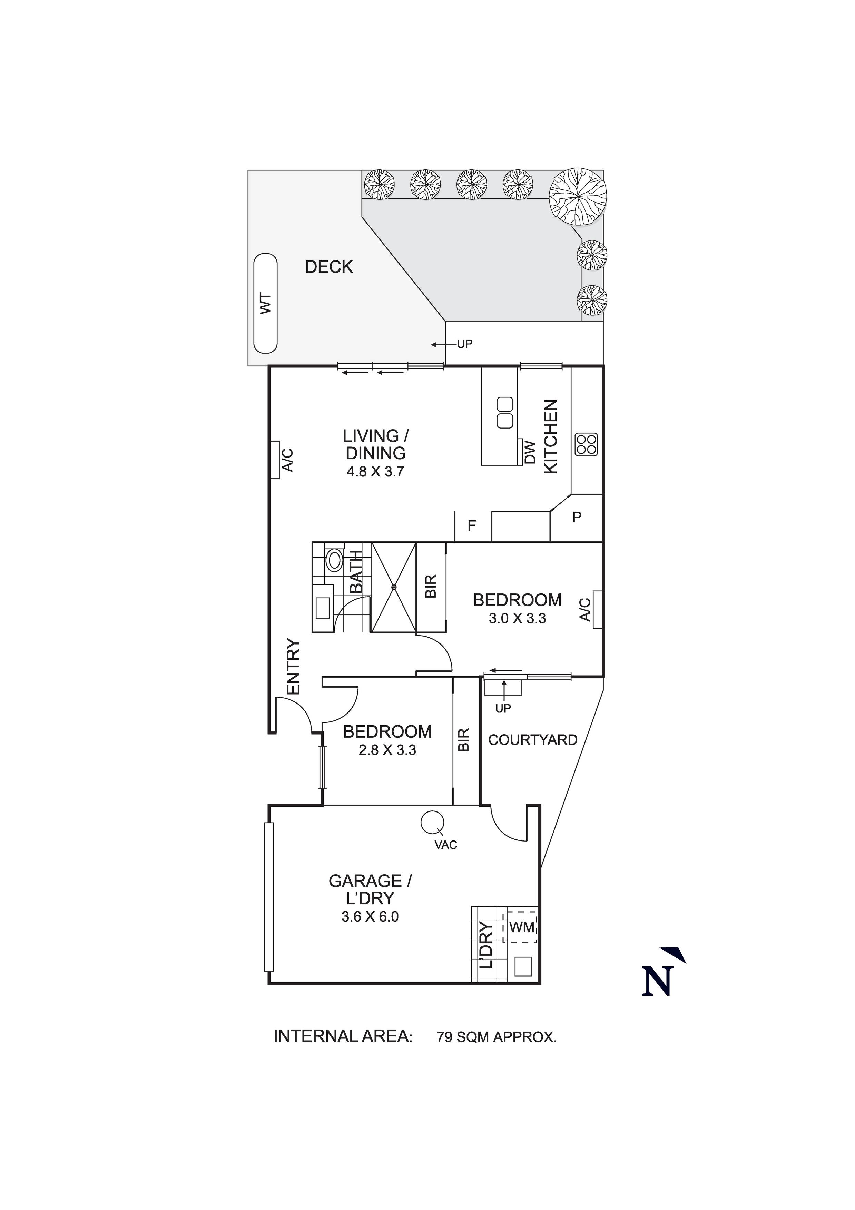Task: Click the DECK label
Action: [329, 267]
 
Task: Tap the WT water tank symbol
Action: [265, 304]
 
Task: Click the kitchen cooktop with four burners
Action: [586, 444]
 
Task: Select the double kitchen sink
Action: [505, 413]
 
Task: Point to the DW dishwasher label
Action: [530, 452]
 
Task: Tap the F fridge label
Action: [472, 525]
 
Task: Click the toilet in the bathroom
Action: [334, 559]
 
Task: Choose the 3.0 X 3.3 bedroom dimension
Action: [517, 619]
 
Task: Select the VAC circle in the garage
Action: [432, 822]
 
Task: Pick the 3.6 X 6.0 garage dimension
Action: [370, 917]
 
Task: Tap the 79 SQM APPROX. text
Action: [496, 1038]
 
